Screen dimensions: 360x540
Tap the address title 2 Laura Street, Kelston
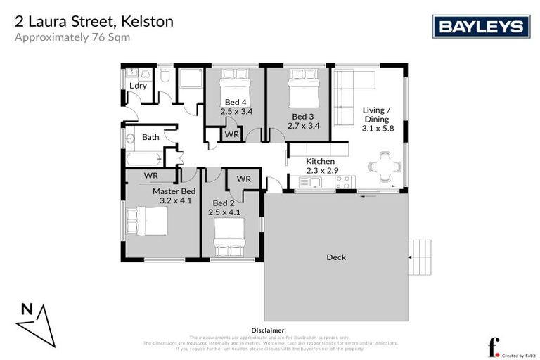[x=94, y=22]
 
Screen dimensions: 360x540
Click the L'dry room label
[x=138, y=86]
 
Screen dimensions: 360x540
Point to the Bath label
[x=150, y=137]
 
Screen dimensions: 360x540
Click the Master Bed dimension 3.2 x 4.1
[x=176, y=200]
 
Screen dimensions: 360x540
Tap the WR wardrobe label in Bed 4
[x=231, y=134]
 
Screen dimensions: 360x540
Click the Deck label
[x=336, y=257]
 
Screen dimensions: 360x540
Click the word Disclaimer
[x=268, y=330]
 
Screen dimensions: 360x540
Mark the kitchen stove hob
[x=343, y=183]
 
